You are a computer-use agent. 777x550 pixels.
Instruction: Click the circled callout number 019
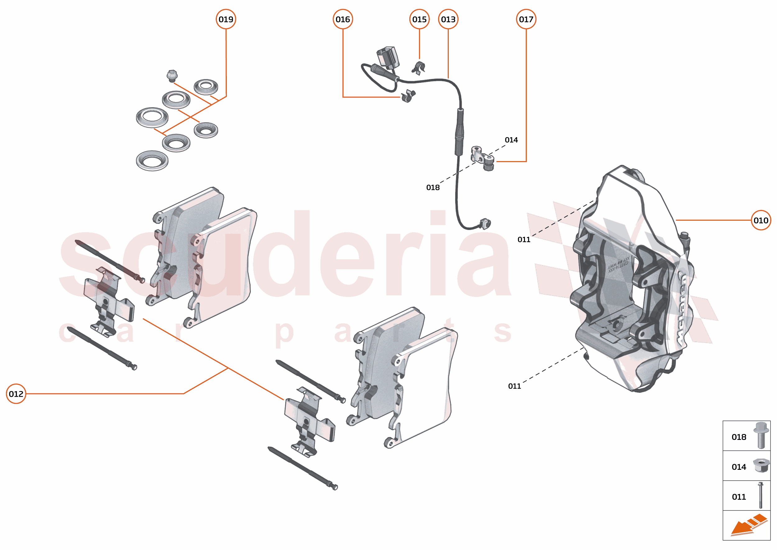click(226, 19)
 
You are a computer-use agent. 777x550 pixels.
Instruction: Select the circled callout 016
click(343, 19)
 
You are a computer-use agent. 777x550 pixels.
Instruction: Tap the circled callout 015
click(419, 19)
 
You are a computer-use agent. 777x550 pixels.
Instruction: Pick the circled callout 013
click(448, 19)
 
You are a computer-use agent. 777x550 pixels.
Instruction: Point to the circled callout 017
click(526, 19)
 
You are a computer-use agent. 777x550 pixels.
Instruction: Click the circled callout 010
click(761, 220)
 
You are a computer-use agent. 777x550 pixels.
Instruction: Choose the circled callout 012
click(16, 394)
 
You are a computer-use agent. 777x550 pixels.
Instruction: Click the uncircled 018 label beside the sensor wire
click(433, 187)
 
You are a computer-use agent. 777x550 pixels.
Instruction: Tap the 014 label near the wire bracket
click(511, 140)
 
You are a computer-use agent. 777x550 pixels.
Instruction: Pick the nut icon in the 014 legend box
click(761, 466)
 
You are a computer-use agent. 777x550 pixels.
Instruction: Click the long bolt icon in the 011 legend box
click(761, 496)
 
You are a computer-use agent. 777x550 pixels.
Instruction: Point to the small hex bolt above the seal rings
click(172, 76)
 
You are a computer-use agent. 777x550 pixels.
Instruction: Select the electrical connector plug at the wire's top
click(388, 57)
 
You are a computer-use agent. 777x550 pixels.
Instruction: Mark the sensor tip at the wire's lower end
click(485, 224)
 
